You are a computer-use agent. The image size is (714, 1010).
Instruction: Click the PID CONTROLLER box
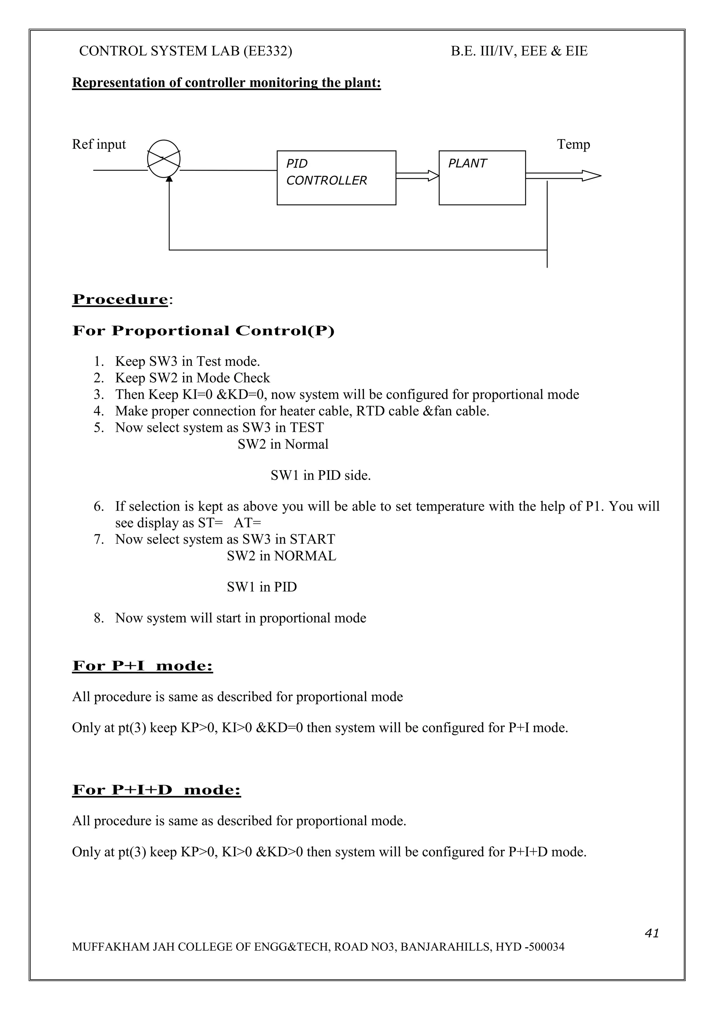pos(336,178)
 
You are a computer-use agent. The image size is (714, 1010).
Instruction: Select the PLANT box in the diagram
pos(482,178)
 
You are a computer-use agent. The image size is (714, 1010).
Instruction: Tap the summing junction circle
pos(164,159)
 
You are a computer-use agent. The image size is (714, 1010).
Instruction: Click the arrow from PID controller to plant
pos(417,176)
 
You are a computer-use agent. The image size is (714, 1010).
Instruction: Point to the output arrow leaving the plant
pos(563,176)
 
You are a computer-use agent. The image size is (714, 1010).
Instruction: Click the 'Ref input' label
pos(99,144)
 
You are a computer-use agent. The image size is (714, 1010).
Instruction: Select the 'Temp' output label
pos(573,144)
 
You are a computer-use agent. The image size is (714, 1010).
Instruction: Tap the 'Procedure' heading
pos(120,300)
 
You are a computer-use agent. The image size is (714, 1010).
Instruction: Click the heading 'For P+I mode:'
pos(143,666)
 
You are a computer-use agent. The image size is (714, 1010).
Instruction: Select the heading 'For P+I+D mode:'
pos(157,790)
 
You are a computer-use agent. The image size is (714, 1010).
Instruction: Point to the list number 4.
pos(99,411)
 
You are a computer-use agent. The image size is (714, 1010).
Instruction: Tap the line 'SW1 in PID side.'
pos(321,475)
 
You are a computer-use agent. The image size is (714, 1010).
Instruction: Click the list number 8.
pos(99,618)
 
